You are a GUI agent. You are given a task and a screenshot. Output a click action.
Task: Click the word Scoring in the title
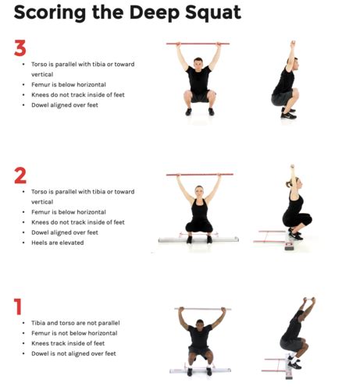tap(50, 12)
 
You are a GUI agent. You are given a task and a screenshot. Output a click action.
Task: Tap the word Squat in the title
tap(213, 12)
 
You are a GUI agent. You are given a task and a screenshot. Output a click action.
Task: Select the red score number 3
tap(20, 48)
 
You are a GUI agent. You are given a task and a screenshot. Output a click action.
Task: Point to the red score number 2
tap(20, 175)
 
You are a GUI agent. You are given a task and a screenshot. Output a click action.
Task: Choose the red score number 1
tap(18, 307)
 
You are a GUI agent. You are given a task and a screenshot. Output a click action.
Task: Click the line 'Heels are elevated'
tap(58, 243)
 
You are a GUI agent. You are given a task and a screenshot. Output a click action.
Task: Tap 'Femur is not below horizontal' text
tap(74, 333)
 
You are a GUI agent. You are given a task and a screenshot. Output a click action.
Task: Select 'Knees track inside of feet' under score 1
tap(68, 343)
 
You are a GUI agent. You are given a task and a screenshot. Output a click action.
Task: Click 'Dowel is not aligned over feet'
tap(73, 353)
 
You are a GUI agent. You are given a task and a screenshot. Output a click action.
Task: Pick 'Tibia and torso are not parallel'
tap(76, 323)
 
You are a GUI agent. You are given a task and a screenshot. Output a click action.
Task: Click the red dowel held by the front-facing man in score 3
tap(198, 44)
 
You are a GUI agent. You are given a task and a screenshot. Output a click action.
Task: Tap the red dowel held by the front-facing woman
tap(200, 175)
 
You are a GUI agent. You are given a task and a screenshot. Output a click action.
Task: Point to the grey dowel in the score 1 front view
tap(203, 309)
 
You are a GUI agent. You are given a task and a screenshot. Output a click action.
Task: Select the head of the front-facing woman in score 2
tap(199, 192)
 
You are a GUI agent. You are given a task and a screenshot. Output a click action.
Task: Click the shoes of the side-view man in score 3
tap(289, 113)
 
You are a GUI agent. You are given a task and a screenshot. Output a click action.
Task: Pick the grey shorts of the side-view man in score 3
tap(281, 98)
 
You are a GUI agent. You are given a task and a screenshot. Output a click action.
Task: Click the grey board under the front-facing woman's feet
tap(198, 239)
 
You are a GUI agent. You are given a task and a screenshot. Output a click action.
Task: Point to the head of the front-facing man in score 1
tap(200, 325)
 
